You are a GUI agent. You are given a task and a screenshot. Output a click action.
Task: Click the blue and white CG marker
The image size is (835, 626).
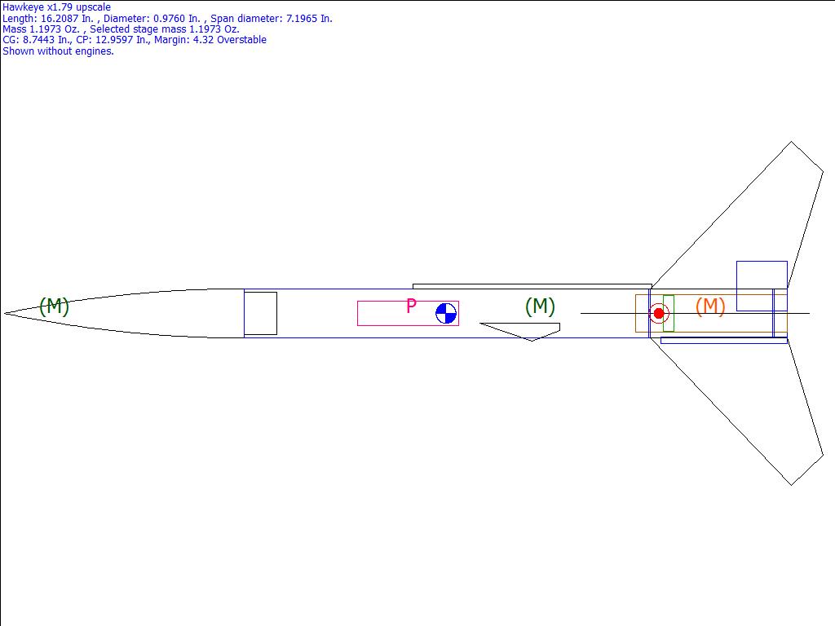click(x=446, y=314)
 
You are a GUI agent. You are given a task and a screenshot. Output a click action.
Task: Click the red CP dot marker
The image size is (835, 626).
click(x=659, y=314)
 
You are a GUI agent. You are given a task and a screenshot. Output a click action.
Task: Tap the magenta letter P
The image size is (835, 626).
click(x=411, y=306)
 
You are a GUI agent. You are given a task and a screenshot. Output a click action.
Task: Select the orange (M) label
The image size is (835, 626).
click(x=710, y=306)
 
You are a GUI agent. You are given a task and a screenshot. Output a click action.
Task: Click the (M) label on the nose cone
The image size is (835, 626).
click(x=55, y=306)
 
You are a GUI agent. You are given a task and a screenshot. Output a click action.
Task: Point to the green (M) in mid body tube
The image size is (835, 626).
click(x=540, y=306)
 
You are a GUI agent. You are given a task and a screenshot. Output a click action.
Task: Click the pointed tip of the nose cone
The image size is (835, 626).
click(x=4, y=314)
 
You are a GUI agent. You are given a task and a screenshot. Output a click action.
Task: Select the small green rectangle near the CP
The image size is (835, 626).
click(x=669, y=314)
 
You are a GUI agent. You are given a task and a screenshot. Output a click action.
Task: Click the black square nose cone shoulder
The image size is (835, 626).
click(x=260, y=314)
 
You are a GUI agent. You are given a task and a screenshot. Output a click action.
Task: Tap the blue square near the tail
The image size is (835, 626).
click(x=762, y=286)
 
